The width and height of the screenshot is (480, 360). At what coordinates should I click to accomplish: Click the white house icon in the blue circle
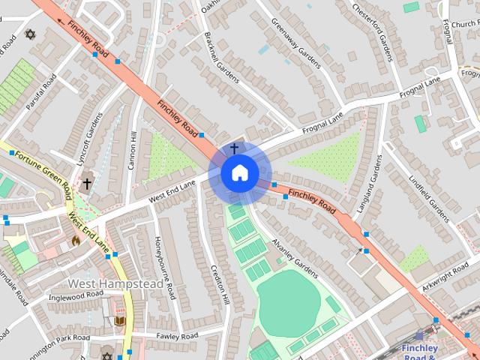coord(239,172)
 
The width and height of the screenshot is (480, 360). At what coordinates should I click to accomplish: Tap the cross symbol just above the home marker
coord(234,148)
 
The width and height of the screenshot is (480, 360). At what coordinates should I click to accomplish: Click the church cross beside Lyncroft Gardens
coord(87,183)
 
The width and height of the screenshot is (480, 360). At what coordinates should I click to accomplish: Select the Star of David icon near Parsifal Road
coord(31,34)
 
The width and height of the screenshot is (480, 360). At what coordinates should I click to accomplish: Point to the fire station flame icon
coord(75,240)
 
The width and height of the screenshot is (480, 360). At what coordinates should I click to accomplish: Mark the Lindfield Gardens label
coord(430,199)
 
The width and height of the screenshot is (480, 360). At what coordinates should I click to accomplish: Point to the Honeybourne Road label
coord(164,267)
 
